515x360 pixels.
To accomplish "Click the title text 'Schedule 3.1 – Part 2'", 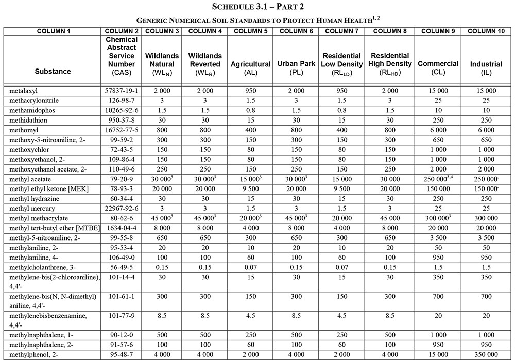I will (x=257, y=7).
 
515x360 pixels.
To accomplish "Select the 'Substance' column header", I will (x=53, y=71).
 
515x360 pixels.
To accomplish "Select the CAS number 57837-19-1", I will (x=122, y=91).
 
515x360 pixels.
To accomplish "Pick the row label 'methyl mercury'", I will (x=32, y=208).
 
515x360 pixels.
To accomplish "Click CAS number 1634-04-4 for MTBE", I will (x=122, y=228).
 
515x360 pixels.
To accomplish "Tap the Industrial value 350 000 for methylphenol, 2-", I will (x=486, y=355).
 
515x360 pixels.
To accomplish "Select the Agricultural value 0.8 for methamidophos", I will (x=250, y=110).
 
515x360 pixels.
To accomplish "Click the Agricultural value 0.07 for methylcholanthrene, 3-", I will (x=250, y=267).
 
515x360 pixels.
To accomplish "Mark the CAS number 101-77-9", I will (x=122, y=315).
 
